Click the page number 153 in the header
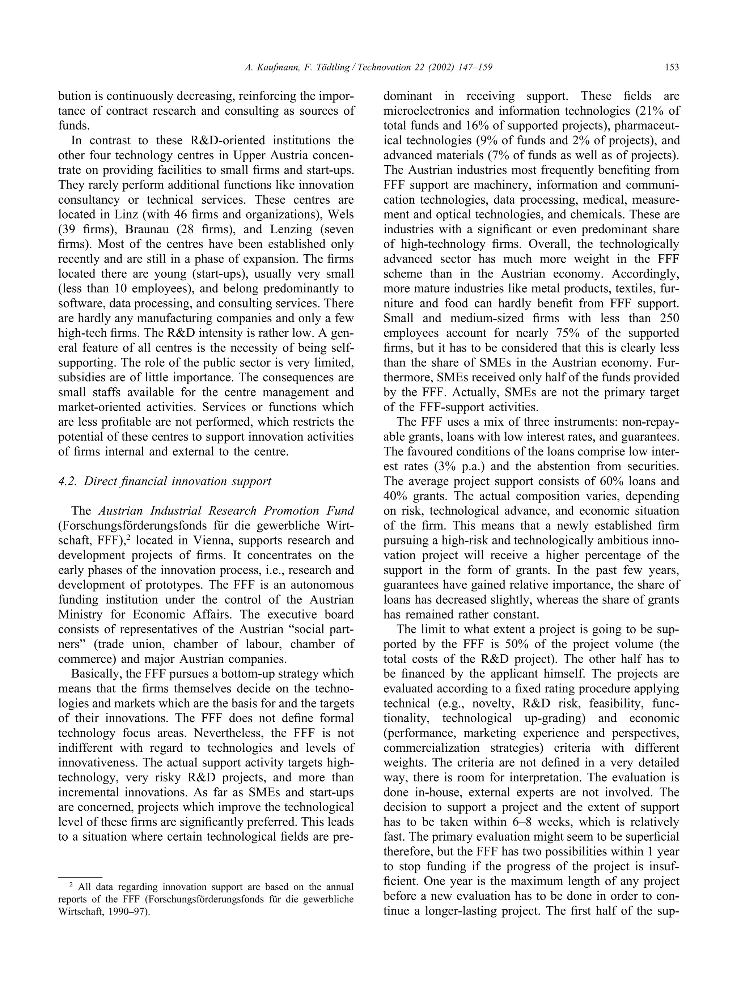tap(672, 67)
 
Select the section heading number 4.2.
tap(68, 481)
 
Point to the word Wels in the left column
tap(341, 214)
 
